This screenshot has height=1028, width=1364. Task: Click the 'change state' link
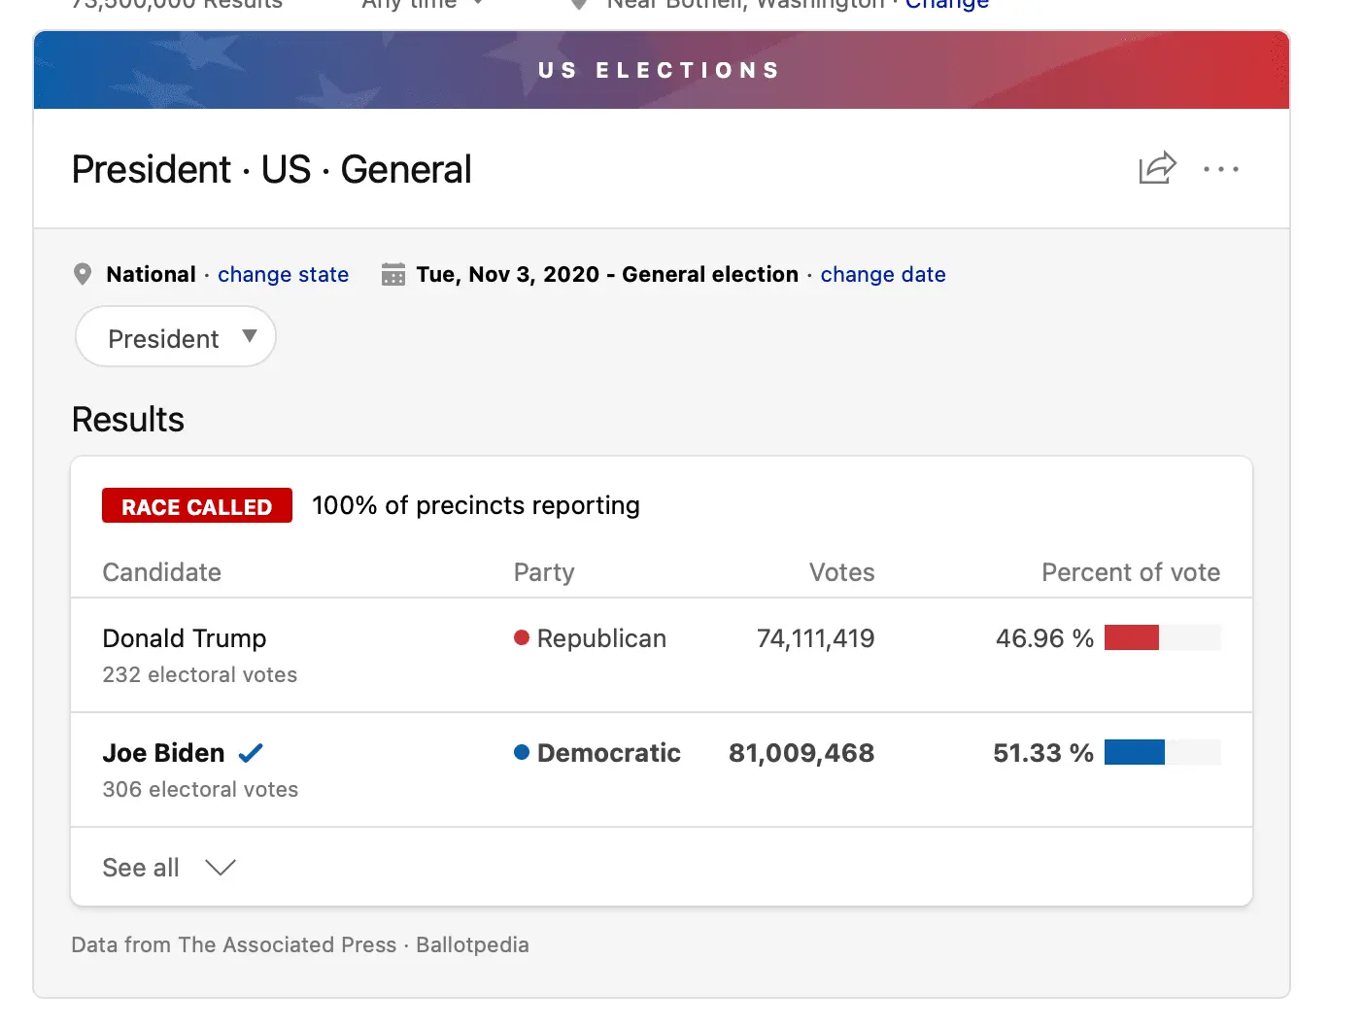(283, 275)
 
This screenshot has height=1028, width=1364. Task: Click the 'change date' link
(882, 275)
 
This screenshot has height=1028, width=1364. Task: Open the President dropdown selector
(176, 337)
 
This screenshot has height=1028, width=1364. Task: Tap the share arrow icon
(1157, 168)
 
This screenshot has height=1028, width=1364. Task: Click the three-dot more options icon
(1220, 169)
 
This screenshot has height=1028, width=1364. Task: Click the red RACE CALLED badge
(197, 506)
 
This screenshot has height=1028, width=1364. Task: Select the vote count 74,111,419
(815, 638)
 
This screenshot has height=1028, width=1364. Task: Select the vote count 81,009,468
(801, 753)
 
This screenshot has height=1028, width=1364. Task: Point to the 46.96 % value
(1044, 638)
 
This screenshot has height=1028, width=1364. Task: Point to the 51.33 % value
(1042, 753)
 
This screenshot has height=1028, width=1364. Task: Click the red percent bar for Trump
(1132, 637)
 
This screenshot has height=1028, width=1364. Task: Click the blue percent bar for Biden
(1134, 752)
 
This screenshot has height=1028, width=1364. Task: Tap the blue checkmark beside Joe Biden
(251, 753)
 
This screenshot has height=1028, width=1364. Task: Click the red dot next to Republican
(522, 637)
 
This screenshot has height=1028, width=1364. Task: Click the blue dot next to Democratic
(522, 752)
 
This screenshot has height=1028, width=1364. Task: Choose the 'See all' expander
(169, 868)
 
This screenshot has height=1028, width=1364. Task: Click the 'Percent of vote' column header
(1131, 572)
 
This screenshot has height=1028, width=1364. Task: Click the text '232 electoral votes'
(200, 674)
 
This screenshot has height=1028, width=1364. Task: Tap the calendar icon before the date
(393, 274)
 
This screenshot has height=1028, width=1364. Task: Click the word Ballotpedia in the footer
(472, 944)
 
